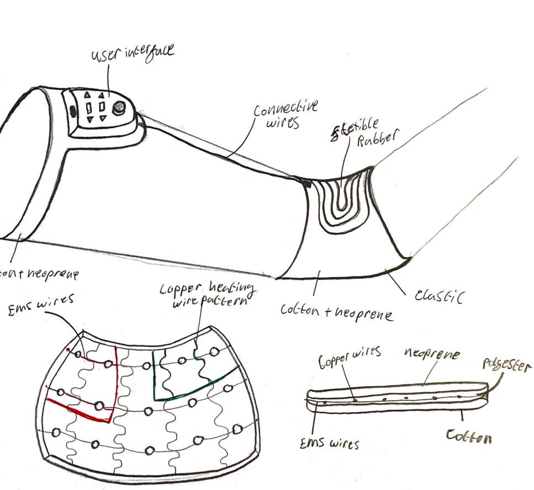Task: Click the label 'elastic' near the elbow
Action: click(439, 296)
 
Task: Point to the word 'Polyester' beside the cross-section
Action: click(507, 366)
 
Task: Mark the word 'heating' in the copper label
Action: click(231, 289)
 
